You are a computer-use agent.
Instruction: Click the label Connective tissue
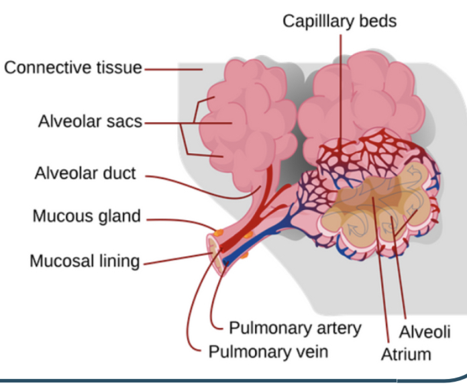coord(73,68)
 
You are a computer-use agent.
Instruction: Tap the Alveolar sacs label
coord(90,121)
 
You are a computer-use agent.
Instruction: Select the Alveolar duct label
coord(85,174)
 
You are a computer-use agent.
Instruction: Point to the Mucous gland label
coord(87,217)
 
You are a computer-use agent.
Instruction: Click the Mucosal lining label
coord(85,260)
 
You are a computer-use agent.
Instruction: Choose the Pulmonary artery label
coord(295,328)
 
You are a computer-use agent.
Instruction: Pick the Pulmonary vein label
coord(268,351)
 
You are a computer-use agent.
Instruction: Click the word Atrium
coord(406,353)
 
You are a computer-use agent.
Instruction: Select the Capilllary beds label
coord(340,21)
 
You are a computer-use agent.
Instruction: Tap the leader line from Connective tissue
coord(171,68)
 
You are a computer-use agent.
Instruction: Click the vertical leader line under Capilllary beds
coord(340,87)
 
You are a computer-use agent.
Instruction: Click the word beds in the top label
coord(377,21)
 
